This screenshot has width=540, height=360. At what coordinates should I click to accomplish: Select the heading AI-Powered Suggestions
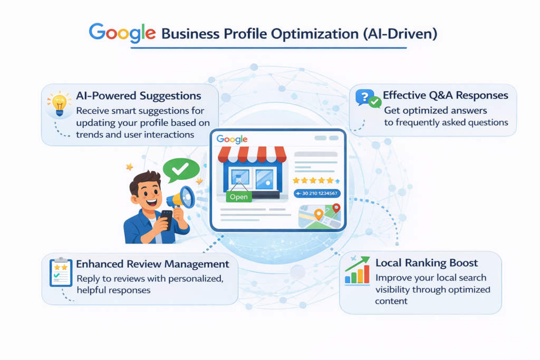(x=139, y=96)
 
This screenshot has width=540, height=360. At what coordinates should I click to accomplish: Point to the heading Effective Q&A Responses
(x=446, y=95)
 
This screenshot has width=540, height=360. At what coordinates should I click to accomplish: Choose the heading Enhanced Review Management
(x=153, y=264)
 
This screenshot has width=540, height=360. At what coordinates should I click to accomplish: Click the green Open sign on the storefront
(x=239, y=197)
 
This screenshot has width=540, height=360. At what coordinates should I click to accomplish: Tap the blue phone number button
(x=317, y=193)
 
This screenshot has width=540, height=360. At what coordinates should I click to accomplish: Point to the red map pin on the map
(x=336, y=208)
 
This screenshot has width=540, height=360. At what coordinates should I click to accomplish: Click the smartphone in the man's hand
(x=166, y=218)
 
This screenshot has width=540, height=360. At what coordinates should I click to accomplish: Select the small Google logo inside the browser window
(x=232, y=139)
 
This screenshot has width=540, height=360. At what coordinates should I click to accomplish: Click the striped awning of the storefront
(x=252, y=154)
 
